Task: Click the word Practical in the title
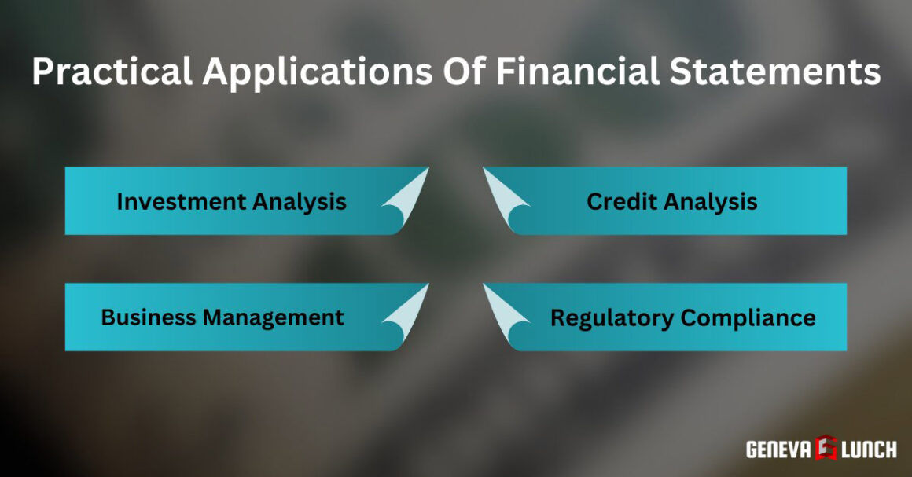pos(112,72)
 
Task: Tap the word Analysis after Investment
pos(300,201)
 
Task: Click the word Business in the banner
pos(149,317)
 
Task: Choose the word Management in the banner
pos(273,317)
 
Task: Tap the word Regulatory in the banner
pos(612,317)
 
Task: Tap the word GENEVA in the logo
pos(778,449)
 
